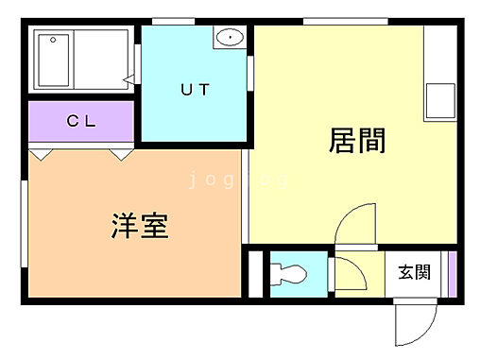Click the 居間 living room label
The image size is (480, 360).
357,143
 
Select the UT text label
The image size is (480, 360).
196,91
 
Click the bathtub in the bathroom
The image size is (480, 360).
79,59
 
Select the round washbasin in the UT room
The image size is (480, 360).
230,39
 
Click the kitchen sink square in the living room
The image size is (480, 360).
439,99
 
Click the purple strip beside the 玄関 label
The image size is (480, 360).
452,272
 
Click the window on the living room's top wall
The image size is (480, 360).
345,22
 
